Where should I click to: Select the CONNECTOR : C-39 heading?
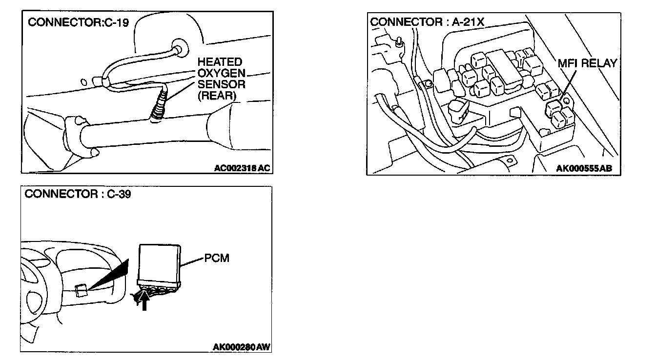(78, 194)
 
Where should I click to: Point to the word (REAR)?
(217, 96)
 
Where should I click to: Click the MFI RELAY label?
(587, 63)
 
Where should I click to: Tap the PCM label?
(217, 258)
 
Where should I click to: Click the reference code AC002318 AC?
(242, 168)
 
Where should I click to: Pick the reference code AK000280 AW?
(242, 347)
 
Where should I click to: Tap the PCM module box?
(160, 264)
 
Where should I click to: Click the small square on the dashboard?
(82, 291)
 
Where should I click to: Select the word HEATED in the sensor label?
(220, 62)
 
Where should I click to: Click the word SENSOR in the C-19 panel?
(221, 84)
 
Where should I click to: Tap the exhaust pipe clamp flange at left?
(73, 131)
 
